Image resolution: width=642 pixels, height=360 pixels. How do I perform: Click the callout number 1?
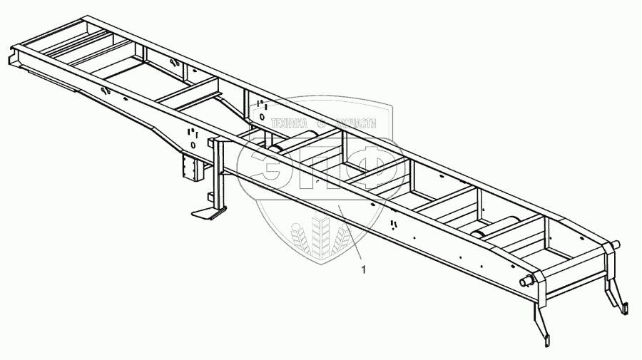click(x=365, y=269)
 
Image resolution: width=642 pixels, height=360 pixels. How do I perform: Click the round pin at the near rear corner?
click(x=529, y=281)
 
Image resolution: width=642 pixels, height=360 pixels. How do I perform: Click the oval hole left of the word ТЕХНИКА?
click(x=262, y=116)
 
